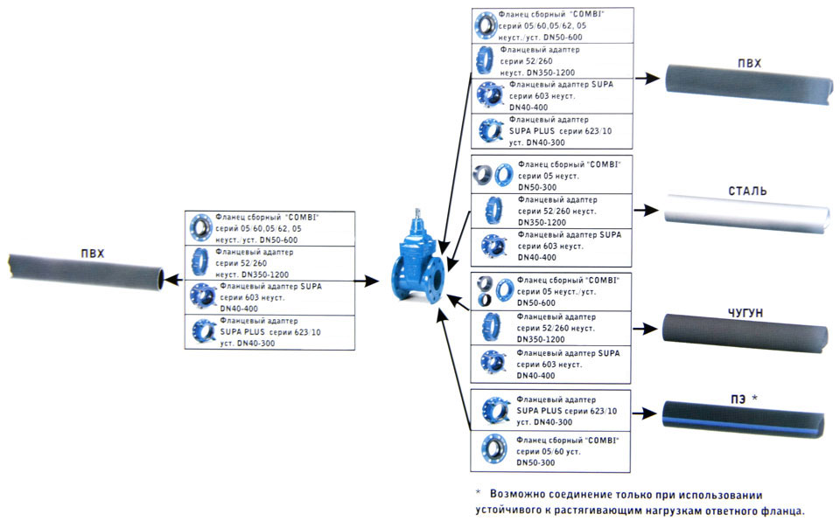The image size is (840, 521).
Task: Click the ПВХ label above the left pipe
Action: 90,254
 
